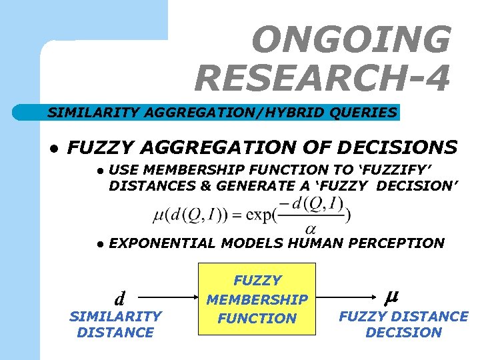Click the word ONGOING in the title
click(351, 40)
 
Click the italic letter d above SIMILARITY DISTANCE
click(119, 297)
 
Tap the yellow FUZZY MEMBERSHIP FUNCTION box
click(257, 299)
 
